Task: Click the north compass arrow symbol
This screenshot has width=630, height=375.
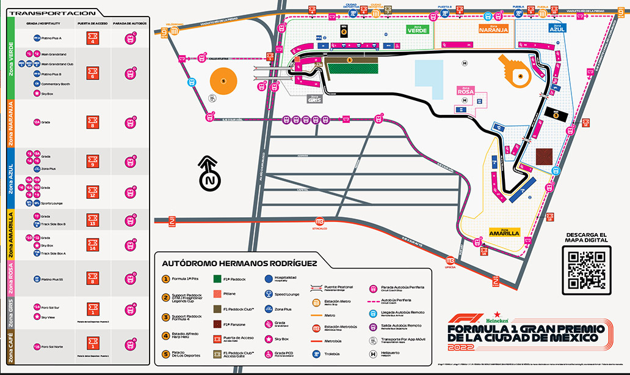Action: (x=210, y=174)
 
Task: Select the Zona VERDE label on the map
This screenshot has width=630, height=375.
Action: (x=418, y=29)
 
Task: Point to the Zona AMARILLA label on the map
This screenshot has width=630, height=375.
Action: (x=504, y=232)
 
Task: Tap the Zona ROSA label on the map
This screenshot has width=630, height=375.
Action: (x=466, y=91)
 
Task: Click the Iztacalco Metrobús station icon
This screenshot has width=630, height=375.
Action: (x=317, y=221)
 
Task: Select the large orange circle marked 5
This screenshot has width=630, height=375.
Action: (x=223, y=81)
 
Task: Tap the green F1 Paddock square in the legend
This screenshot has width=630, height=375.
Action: (x=217, y=278)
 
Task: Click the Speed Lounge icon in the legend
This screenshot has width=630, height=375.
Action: (x=269, y=294)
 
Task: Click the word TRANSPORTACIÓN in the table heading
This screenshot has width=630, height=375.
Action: (x=53, y=13)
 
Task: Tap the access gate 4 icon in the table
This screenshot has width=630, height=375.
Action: (x=93, y=39)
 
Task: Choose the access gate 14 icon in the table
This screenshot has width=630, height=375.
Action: (x=93, y=245)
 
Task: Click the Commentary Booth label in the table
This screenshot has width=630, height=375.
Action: (x=56, y=84)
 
